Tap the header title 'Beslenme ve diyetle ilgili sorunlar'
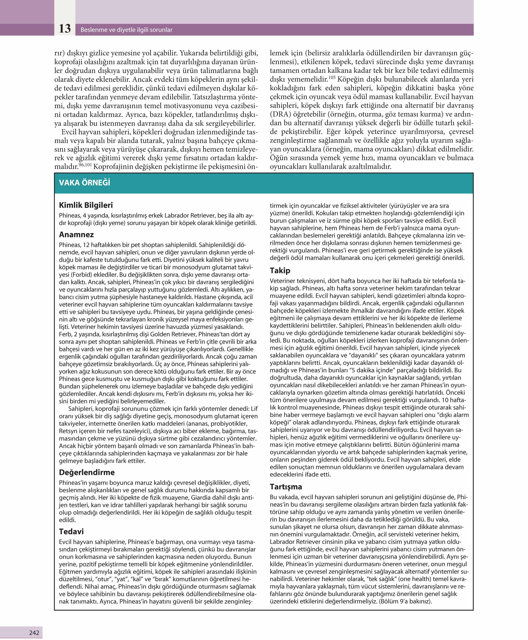click(126, 30)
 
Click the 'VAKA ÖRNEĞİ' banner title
click(85, 183)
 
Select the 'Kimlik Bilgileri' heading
click(86, 205)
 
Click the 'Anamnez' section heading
click(76, 235)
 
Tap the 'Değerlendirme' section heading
click(87, 472)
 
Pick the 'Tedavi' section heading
click(71, 531)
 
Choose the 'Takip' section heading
click(280, 270)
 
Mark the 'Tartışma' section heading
click(286, 487)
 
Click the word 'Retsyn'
click(69, 431)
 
